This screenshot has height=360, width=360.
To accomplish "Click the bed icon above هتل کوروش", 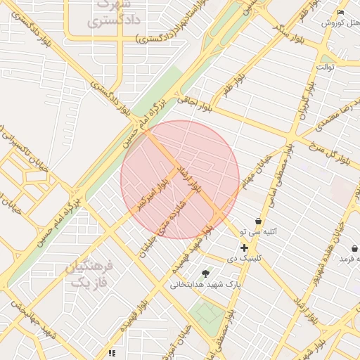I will (341, 12).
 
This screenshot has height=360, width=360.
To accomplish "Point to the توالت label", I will (326, 67).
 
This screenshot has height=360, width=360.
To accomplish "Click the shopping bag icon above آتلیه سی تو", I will (258, 221).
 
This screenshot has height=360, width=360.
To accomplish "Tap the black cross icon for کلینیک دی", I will (244, 247).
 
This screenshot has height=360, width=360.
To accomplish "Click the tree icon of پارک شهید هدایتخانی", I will (205, 274).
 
